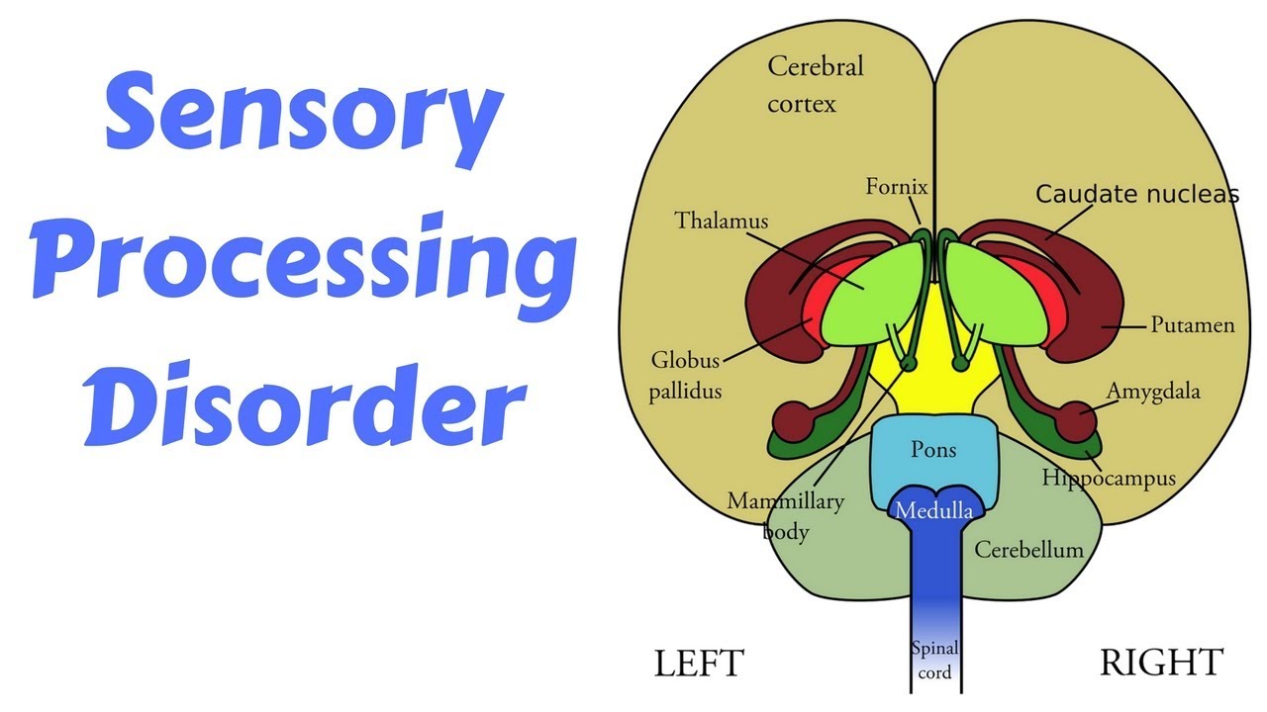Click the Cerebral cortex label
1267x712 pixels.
(x=814, y=84)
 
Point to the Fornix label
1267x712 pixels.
(x=897, y=186)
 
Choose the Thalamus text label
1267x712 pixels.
(x=721, y=220)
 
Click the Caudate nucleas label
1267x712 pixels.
(x=1136, y=194)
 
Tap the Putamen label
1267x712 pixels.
(x=1191, y=324)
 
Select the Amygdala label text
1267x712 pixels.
(x=1152, y=391)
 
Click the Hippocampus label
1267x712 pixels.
(x=1108, y=479)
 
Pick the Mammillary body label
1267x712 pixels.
(x=786, y=515)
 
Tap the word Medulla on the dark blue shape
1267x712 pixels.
(x=932, y=510)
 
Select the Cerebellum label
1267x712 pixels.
(x=1028, y=549)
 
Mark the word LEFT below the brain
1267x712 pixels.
(x=698, y=663)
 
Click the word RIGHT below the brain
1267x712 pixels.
(x=1161, y=662)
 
